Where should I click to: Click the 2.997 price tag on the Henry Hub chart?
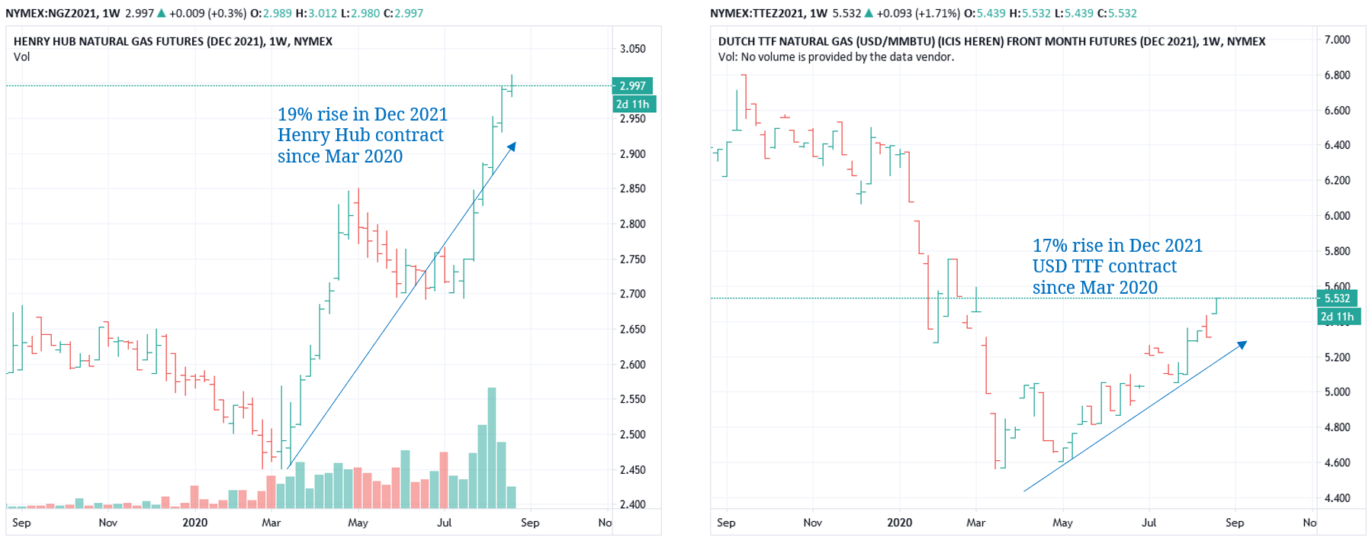pos(632,86)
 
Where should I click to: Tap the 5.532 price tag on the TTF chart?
pos(1337,298)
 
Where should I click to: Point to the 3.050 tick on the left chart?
pos(632,49)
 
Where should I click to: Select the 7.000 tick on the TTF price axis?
pos(1337,40)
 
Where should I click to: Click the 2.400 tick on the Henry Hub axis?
pos(632,504)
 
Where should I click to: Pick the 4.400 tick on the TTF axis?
pos(1337,498)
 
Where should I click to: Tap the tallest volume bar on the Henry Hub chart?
pos(492,447)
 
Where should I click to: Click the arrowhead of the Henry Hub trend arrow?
pos(512,146)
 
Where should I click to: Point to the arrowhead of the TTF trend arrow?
pos(1242,345)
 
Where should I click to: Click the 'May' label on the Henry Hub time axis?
pos(358,523)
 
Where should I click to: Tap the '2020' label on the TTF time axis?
pos(899,523)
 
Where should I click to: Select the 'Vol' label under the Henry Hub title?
pos(21,57)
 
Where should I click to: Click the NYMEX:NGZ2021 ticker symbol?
pos(52,13)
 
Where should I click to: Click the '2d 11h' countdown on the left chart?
pos(632,105)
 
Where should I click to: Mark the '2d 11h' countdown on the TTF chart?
pos(1337,317)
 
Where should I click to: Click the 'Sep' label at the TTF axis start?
pos(726,523)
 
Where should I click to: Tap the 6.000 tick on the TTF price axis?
pos(1337,216)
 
